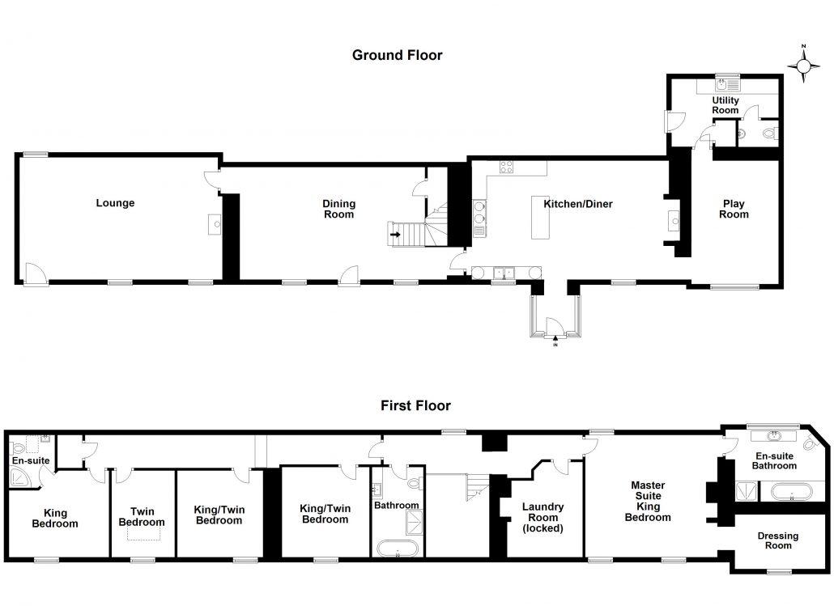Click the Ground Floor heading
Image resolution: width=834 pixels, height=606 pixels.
(398, 55)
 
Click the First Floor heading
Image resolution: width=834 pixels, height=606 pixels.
(415, 405)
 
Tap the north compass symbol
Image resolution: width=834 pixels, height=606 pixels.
(804, 65)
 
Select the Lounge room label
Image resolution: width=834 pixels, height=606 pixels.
(115, 203)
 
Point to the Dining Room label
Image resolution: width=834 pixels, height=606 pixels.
(338, 209)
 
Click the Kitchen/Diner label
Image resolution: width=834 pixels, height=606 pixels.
(578, 204)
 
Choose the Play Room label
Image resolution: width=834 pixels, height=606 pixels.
(734, 209)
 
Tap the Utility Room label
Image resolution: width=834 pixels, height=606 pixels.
(725, 105)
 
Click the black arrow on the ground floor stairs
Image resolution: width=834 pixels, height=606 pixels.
(395, 235)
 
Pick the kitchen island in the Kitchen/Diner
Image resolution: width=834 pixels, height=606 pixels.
(541, 218)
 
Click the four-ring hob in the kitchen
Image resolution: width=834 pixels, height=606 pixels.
(506, 167)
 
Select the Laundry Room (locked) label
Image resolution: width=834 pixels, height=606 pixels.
(543, 517)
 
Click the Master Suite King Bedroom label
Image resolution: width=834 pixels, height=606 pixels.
(648, 501)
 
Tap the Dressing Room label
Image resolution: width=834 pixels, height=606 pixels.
(777, 540)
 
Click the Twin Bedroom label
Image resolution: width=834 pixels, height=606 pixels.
(142, 517)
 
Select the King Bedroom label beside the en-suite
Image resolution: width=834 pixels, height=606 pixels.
(55, 519)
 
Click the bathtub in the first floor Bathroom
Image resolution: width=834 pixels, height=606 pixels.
(398, 548)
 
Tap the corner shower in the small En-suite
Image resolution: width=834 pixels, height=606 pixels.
(21, 478)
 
